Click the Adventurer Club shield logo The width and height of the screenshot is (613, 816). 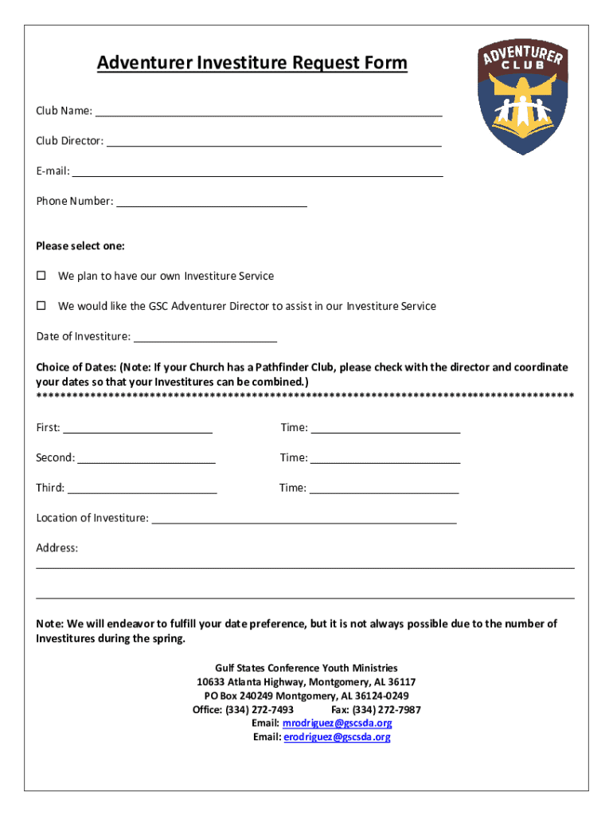(x=523, y=98)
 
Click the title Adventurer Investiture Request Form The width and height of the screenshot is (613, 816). (x=252, y=63)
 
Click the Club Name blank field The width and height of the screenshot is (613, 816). (x=268, y=111)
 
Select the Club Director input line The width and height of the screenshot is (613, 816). (x=274, y=141)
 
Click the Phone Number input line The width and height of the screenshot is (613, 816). (x=212, y=201)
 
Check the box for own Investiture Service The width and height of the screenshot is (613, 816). (x=41, y=276)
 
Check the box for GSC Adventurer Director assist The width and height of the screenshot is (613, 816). (x=41, y=306)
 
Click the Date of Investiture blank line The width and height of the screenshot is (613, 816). (x=205, y=336)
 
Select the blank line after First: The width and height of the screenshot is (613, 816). (x=138, y=428)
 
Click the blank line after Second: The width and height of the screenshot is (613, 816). (x=146, y=458)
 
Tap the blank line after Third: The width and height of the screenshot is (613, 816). (x=143, y=488)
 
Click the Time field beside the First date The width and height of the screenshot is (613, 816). (x=385, y=428)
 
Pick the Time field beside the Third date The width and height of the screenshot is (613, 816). (x=385, y=488)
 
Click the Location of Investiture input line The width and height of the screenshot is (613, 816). (x=303, y=518)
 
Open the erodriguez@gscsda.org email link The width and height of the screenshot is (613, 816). (x=337, y=737)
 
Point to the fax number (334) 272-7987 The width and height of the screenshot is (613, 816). (x=388, y=709)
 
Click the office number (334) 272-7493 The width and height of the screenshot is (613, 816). (x=260, y=709)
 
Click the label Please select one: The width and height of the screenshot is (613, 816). (x=80, y=246)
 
